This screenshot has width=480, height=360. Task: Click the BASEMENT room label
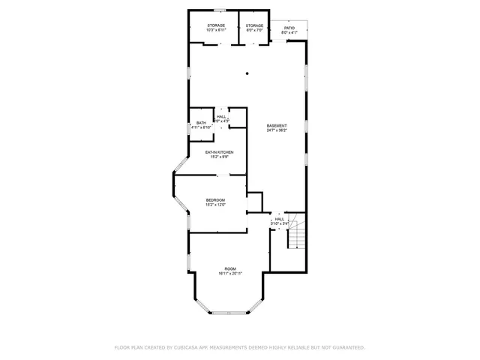pyautogui.click(x=277, y=125)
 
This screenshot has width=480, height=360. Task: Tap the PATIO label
pyautogui.click(x=289, y=27)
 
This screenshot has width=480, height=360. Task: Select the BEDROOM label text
pyautogui.click(x=216, y=199)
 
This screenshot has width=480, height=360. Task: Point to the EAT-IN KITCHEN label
pyautogui.click(x=220, y=152)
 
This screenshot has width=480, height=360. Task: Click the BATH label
pyautogui.click(x=201, y=123)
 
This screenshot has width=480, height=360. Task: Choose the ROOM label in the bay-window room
pyautogui.click(x=230, y=268)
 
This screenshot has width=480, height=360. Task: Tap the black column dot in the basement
pyautogui.click(x=247, y=73)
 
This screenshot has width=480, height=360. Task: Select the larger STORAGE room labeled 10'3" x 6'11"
pyautogui.click(x=216, y=25)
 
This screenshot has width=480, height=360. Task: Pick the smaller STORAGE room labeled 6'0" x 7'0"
pyautogui.click(x=254, y=25)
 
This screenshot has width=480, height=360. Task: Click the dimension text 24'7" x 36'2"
pyautogui.click(x=277, y=130)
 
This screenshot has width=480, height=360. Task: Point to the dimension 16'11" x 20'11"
pyautogui.click(x=230, y=274)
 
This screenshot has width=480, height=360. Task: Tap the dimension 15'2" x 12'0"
pyautogui.click(x=216, y=205)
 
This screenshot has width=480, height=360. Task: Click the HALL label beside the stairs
pyautogui.click(x=279, y=219)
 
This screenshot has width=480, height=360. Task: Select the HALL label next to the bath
pyautogui.click(x=221, y=117)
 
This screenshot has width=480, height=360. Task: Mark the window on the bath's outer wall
pyautogui.click(x=188, y=127)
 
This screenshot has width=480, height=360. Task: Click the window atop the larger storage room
pyautogui.click(x=220, y=10)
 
